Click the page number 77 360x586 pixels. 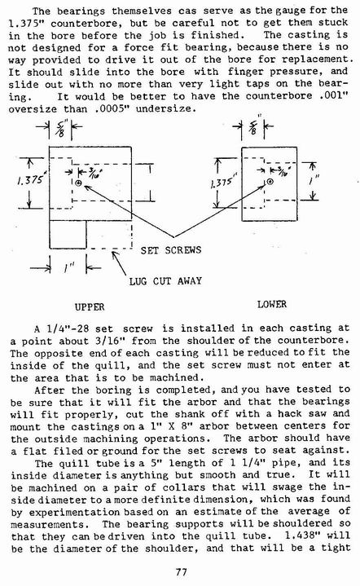pos(181,572)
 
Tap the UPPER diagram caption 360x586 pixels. pos(90,306)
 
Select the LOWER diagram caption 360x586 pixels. pos(271,304)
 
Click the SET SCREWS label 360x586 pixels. pos(171,250)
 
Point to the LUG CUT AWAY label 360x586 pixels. pos(165,280)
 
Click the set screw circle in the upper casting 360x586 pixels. pos(78,183)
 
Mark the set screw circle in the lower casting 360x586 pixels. pos(270,182)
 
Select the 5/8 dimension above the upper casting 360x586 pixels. pos(59,127)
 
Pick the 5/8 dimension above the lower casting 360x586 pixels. pos(254,126)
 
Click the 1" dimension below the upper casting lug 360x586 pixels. pos(68,267)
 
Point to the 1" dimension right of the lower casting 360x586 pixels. pos(314,181)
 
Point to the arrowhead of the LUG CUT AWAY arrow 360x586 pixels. pos(114,253)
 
